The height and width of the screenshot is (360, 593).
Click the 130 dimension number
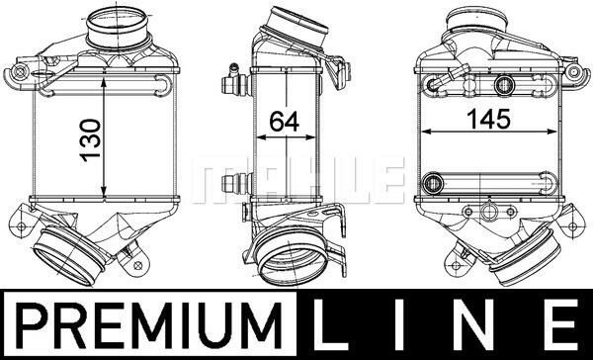coord(91,140)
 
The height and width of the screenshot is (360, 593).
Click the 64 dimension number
coord(285,122)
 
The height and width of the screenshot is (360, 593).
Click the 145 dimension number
coord(488,119)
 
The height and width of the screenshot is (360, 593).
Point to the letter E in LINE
coord(560,325)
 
